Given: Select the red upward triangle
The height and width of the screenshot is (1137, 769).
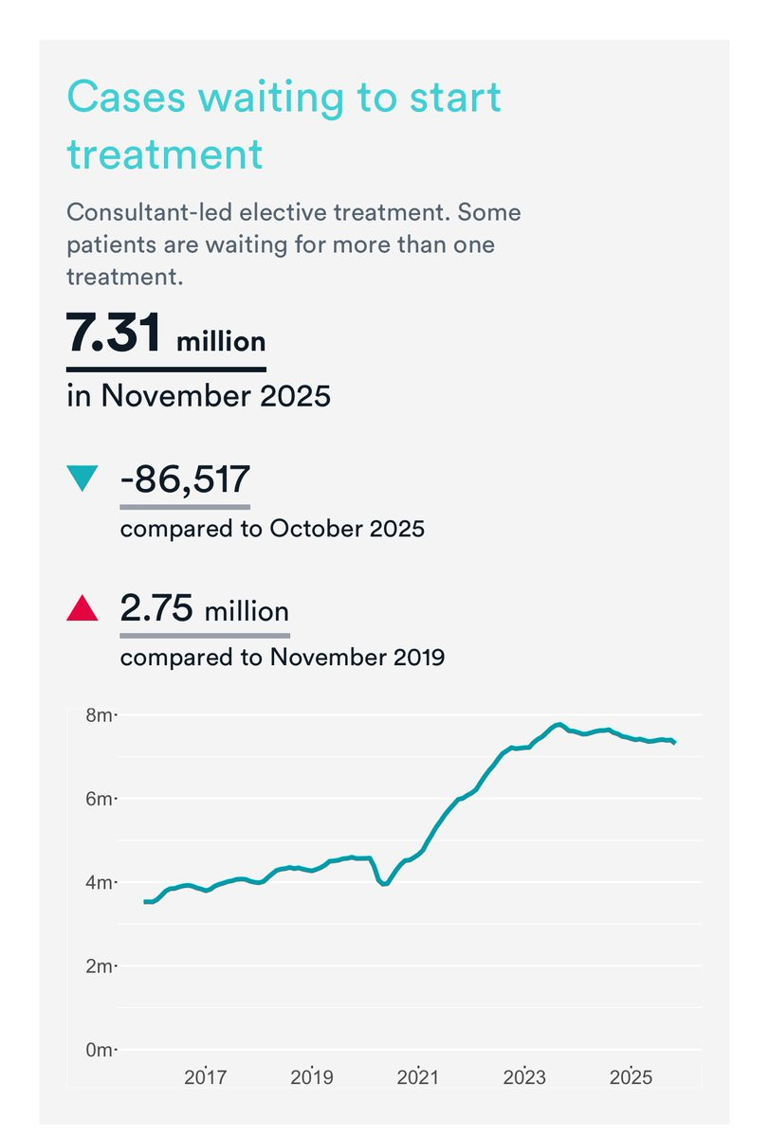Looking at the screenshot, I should click(82, 608).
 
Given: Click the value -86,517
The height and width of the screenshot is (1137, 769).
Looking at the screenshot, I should click(185, 478).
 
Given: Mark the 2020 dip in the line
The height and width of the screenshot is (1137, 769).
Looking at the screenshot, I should click(383, 884).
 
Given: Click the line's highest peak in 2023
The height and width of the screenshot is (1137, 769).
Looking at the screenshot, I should click(560, 725).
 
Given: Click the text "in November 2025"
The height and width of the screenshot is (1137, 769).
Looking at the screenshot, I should click(198, 394).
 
